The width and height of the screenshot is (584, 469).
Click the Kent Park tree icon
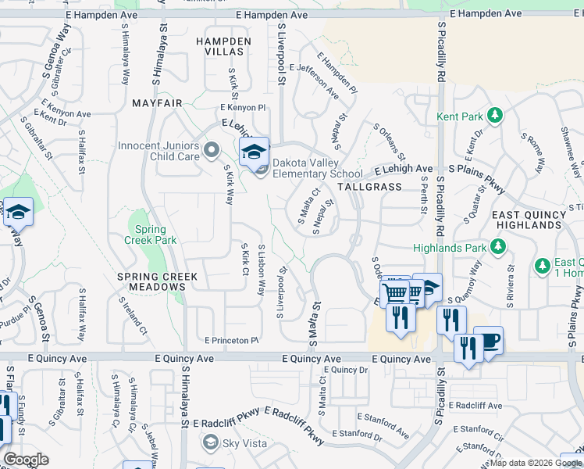[x=494, y=116]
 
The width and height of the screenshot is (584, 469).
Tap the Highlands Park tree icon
[x=497, y=249]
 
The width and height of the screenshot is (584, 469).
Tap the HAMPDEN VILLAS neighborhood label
[x=224, y=46]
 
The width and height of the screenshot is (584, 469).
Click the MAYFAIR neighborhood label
[x=157, y=103]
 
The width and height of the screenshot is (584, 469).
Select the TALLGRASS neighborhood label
[x=369, y=188]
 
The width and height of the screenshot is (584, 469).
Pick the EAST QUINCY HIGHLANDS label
[x=527, y=220]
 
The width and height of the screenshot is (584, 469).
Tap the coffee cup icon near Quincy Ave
[x=488, y=341]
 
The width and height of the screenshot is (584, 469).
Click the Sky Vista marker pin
[x=209, y=443]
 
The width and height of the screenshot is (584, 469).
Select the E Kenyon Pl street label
[x=243, y=107]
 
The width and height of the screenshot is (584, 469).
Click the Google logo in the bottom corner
[x=26, y=460]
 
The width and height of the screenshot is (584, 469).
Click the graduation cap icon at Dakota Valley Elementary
[x=254, y=151]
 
